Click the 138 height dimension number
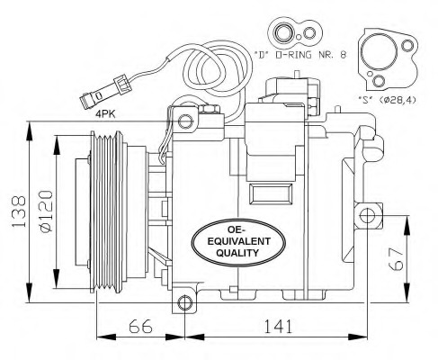click(x=13, y=212)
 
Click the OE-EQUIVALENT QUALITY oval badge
click(x=237, y=240)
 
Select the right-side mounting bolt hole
click(x=366, y=216)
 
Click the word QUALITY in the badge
click(x=237, y=254)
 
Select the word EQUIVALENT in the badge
click(x=237, y=241)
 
